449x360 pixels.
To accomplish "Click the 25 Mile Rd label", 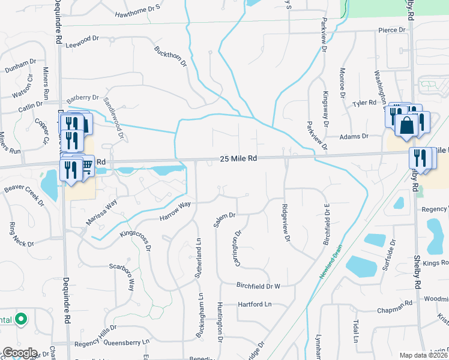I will [x=239, y=158].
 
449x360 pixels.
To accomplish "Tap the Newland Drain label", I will [x=333, y=263].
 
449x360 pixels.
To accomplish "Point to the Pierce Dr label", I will [x=392, y=29].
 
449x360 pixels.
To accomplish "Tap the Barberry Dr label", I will [x=83, y=98].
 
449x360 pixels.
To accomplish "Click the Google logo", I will [x=19, y=353].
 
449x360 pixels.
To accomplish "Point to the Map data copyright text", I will [x=423, y=355].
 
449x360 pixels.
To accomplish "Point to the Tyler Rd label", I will [x=364, y=103].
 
